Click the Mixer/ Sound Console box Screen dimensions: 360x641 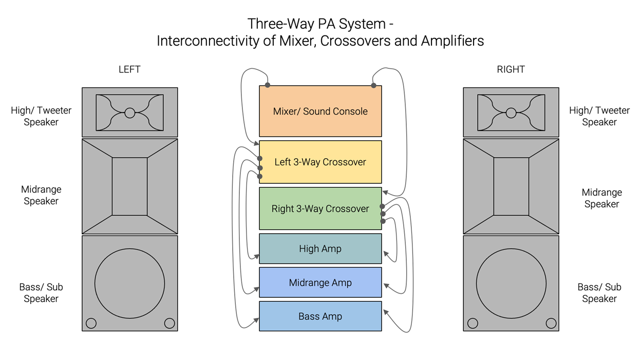(320, 111)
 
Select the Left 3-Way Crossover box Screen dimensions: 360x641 (320, 162)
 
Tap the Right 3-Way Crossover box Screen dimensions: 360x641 (320, 209)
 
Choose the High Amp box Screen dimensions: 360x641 (320, 249)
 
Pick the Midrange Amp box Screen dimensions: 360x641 (320, 283)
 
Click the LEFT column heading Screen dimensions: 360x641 (129, 69)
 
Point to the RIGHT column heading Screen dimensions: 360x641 (511, 69)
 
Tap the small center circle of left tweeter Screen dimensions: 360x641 (129, 113)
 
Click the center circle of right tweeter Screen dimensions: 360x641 (511, 113)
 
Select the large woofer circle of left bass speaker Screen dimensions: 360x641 (129, 283)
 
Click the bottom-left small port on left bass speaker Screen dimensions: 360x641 (91, 323)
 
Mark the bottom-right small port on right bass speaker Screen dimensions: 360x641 (551, 323)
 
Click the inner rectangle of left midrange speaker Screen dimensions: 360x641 (129, 186)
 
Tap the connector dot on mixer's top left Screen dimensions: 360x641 (268, 85)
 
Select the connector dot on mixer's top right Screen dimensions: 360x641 (373, 85)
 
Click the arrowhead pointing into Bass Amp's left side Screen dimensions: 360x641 (256, 320)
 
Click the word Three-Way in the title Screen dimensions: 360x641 (272, 24)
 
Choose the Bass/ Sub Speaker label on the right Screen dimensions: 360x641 (599, 293)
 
